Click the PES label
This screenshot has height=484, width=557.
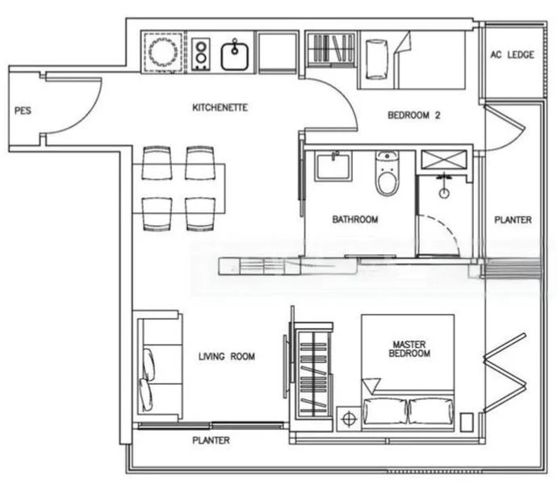point(23,111)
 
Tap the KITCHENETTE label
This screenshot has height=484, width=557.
point(220,107)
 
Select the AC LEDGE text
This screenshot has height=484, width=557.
point(513,55)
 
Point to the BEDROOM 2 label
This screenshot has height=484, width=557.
point(414,115)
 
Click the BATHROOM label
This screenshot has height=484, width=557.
point(355,219)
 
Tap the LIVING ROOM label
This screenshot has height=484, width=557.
point(227,357)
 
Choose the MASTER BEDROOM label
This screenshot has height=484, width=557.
point(409,348)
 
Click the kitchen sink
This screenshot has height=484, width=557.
point(234,56)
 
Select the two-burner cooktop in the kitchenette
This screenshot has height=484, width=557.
point(201,54)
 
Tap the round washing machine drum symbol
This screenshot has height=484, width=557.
point(163,52)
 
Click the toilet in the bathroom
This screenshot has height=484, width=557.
point(387,173)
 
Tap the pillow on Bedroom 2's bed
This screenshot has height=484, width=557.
point(376,60)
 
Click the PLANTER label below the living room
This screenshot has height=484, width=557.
point(211,440)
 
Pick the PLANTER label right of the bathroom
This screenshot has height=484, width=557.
point(513,219)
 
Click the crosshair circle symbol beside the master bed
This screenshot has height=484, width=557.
point(349,419)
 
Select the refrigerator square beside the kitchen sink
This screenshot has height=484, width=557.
point(277,52)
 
